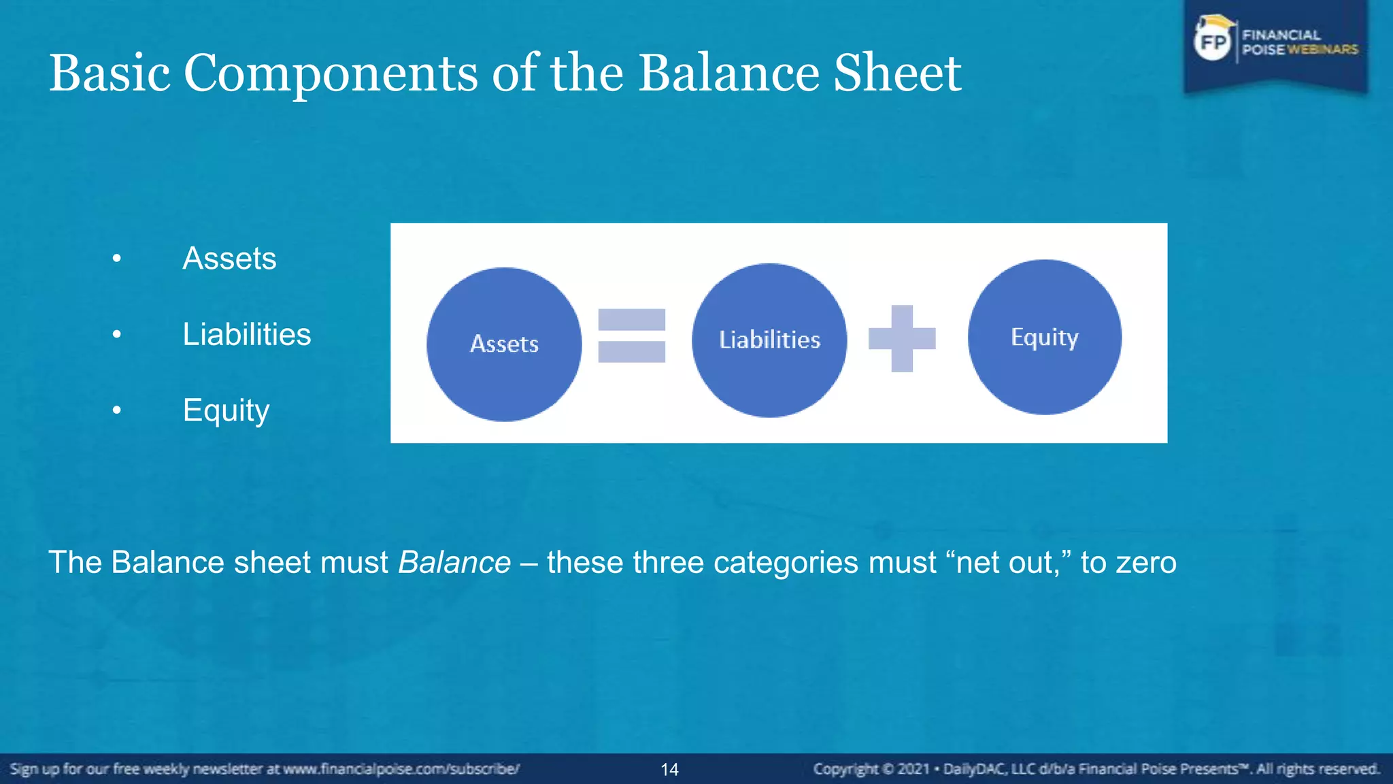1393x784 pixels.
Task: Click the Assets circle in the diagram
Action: coord(504,344)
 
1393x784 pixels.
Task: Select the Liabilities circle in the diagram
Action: coord(769,340)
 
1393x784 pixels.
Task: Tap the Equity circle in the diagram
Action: coord(1045,337)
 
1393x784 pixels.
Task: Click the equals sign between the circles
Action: coord(631,336)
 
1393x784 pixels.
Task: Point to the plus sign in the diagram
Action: coord(902,338)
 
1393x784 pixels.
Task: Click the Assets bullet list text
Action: coord(229,259)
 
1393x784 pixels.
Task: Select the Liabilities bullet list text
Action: coord(246,335)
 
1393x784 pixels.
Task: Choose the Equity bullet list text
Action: coord(226,411)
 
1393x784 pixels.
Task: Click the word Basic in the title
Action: coord(110,73)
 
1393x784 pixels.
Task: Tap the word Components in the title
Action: coord(331,73)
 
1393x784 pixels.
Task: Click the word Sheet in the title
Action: coord(897,73)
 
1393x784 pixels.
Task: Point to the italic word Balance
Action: coord(454,563)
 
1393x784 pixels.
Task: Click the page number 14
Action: coord(669,770)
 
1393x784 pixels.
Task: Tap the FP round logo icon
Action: coord(1213,42)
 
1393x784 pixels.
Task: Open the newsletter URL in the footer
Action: coord(401,769)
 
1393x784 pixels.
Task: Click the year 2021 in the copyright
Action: coord(913,769)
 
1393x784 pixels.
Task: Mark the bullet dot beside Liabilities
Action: coord(117,335)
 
